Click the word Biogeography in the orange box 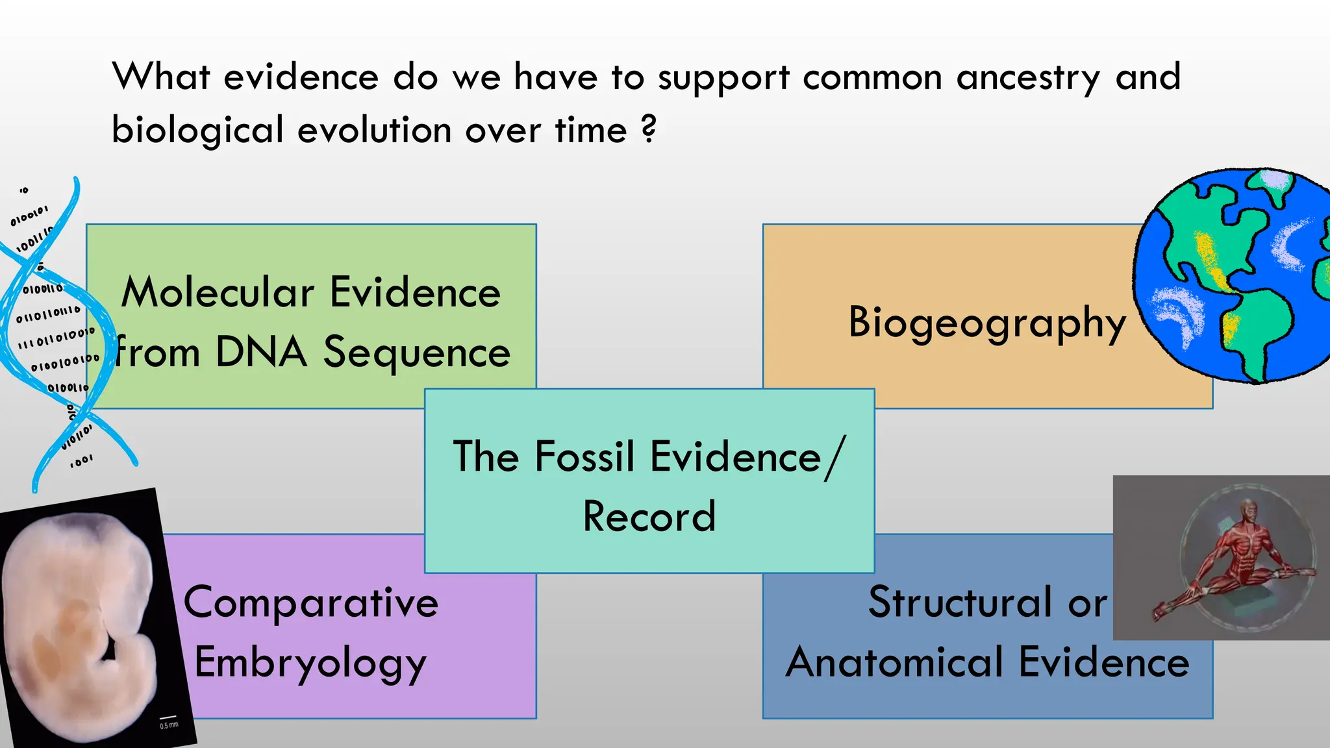(x=987, y=323)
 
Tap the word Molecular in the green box (x=218, y=292)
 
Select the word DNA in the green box (x=261, y=353)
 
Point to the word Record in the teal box (x=649, y=517)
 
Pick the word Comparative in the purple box (x=311, y=603)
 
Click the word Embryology (x=311, y=663)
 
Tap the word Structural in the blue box (x=959, y=603)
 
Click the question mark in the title (x=648, y=129)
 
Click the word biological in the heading (x=197, y=130)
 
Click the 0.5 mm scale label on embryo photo (x=169, y=725)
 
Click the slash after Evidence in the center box (x=835, y=458)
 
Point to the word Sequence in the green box (x=417, y=353)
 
